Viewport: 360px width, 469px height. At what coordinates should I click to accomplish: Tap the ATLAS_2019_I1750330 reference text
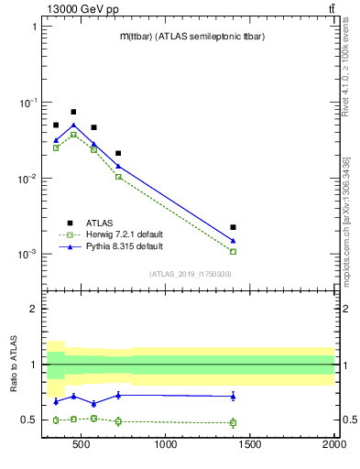[x=190, y=274]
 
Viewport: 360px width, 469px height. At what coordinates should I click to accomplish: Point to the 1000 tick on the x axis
[x=166, y=446]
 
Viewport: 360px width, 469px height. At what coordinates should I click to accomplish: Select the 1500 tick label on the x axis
[x=250, y=446]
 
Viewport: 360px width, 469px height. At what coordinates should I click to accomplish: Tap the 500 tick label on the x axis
[x=82, y=446]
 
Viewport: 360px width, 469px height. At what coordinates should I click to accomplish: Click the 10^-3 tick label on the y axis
[x=27, y=254]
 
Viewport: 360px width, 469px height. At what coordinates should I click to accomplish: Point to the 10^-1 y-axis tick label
[x=27, y=103]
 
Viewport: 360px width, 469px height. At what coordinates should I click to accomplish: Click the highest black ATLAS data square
[x=73, y=112]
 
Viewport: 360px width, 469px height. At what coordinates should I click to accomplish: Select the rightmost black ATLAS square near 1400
[x=234, y=227]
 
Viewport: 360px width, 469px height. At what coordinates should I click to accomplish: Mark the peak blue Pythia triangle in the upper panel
[x=73, y=125]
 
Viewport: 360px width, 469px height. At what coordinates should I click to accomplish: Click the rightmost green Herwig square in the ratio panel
[x=234, y=422]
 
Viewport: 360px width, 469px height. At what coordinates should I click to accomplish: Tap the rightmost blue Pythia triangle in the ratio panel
[x=234, y=396]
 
